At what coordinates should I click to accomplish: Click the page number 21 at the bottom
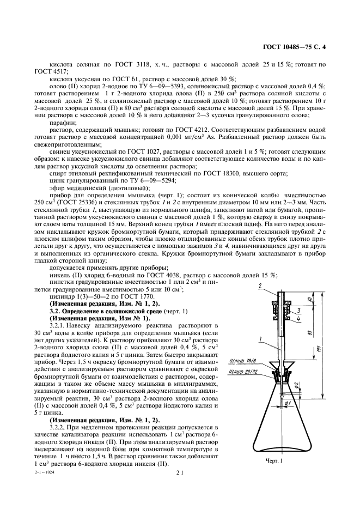coord(179,473)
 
